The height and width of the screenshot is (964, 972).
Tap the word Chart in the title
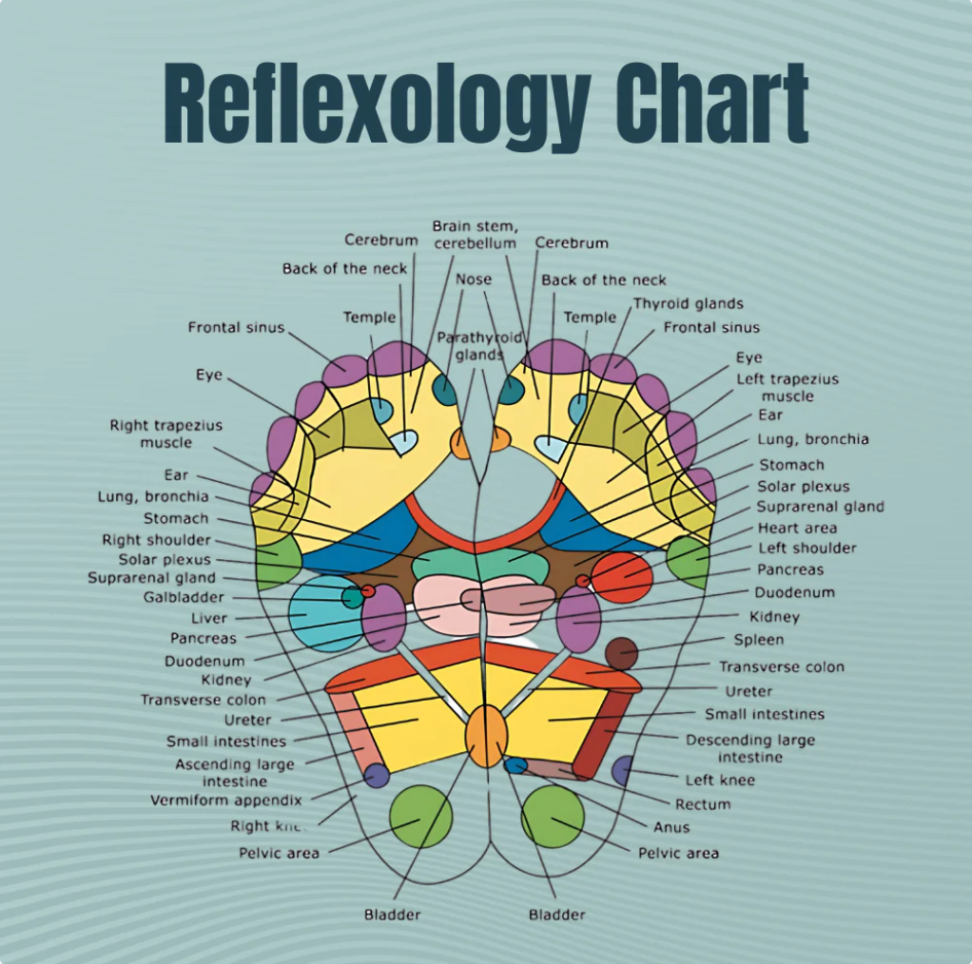click(x=711, y=103)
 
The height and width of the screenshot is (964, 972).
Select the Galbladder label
click(x=184, y=597)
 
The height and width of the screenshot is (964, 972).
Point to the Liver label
click(x=209, y=618)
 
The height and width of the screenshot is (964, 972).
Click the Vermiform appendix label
click(x=225, y=800)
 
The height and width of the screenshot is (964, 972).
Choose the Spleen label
click(x=759, y=640)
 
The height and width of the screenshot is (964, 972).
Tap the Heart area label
click(x=797, y=528)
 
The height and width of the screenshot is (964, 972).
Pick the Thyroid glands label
click(x=689, y=303)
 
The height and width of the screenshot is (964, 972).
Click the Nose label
click(x=474, y=279)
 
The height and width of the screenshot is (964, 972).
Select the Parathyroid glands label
click(x=479, y=346)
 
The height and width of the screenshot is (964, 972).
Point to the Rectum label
click(x=703, y=804)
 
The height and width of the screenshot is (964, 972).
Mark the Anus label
click(x=671, y=827)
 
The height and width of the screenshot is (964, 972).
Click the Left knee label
click(x=720, y=780)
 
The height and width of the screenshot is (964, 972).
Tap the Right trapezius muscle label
click(x=165, y=434)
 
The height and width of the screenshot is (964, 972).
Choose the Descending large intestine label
click(x=750, y=748)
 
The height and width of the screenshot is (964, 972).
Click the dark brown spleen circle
click(x=621, y=653)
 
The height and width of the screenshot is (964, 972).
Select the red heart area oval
click(x=621, y=577)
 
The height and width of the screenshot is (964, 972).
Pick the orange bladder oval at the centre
click(x=486, y=735)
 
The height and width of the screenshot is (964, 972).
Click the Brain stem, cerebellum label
click(x=475, y=234)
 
